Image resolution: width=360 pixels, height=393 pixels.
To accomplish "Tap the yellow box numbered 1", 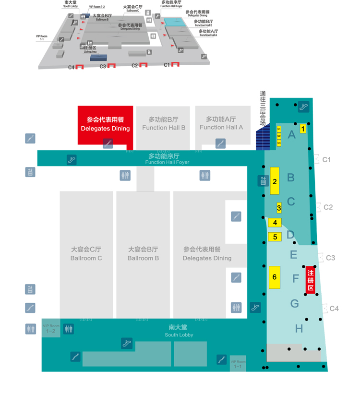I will click(303, 128).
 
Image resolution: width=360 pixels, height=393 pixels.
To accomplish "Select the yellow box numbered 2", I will click(275, 180).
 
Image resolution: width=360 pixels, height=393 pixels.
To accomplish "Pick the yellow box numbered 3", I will click(279, 208).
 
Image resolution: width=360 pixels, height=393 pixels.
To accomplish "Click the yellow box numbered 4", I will click(275, 223).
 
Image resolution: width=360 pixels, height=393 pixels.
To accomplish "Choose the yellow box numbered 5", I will click(275, 237).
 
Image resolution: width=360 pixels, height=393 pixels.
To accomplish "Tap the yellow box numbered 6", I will click(275, 277).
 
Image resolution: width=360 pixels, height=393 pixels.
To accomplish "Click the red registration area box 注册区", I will click(311, 280).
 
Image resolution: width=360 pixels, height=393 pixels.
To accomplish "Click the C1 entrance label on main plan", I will click(327, 160).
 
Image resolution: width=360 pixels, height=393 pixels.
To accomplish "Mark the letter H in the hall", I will click(299, 329).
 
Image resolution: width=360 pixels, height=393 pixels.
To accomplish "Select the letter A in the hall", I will click(291, 135).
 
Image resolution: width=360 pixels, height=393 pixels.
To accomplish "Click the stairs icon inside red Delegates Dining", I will click(108, 143).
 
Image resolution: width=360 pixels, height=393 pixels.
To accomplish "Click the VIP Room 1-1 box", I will click(238, 364).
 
